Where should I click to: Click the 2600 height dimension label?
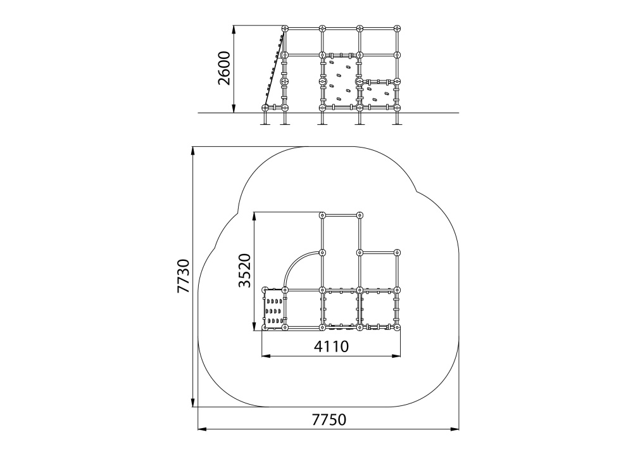click(223, 68)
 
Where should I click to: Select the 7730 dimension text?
click(184, 276)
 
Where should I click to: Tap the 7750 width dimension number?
click(329, 420)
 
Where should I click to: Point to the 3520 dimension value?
click(244, 270)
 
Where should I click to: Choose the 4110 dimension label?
click(331, 346)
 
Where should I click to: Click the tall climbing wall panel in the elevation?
click(341, 81)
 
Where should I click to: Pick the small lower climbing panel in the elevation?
click(378, 94)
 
